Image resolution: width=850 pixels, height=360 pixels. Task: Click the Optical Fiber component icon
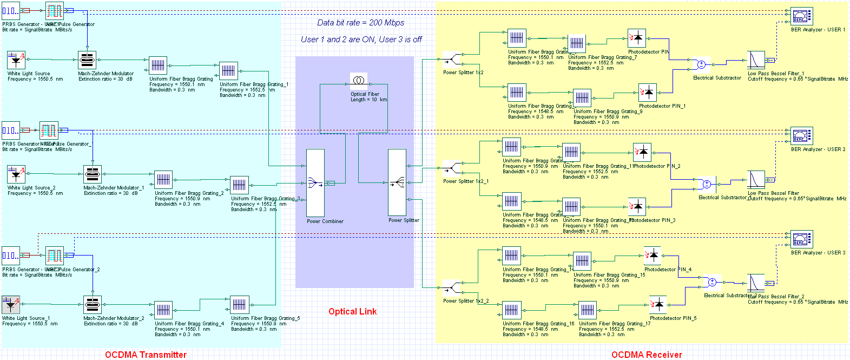(x=359, y=81)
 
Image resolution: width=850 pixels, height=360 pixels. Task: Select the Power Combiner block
(x=315, y=183)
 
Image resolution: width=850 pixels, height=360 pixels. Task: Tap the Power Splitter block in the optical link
(x=397, y=183)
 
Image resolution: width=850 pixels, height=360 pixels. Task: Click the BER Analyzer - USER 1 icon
(x=801, y=16)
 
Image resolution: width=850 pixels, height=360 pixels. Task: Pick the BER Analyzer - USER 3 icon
(x=801, y=239)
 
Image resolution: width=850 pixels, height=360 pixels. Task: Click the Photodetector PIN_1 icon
(x=648, y=93)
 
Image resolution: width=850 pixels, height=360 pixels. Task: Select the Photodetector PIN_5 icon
(x=658, y=304)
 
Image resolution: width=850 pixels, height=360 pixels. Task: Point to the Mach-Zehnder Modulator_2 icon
(x=93, y=305)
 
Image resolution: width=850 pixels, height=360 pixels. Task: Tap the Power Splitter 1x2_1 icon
(x=451, y=168)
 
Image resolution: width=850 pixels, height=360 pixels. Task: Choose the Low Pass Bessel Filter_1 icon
(x=756, y=60)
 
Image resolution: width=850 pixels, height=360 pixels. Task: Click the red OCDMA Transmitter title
(x=146, y=355)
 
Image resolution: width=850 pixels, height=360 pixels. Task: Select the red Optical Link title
(x=352, y=311)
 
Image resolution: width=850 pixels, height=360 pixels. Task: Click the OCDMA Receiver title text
(x=647, y=355)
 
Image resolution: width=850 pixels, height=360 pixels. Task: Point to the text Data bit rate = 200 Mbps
(x=360, y=23)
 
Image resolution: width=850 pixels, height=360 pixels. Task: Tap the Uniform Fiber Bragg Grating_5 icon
(x=240, y=305)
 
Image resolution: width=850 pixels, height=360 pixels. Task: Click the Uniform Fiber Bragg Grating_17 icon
(x=588, y=310)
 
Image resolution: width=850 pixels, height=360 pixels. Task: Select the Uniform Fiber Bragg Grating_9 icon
(x=582, y=98)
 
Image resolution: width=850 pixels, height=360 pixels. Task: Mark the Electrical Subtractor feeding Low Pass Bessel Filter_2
(x=713, y=283)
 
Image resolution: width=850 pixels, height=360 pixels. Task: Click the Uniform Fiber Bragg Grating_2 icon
(x=163, y=180)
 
